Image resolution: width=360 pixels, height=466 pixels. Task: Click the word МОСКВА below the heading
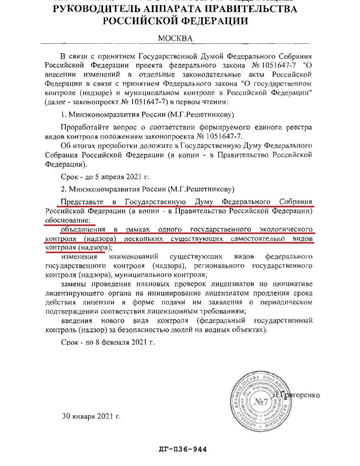175,38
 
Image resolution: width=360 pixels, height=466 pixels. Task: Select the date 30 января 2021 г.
91,417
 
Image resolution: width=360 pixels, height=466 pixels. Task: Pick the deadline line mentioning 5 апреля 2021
105,177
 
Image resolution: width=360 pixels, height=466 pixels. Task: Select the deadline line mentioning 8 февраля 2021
107,342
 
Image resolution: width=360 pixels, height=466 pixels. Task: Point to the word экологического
282,229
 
